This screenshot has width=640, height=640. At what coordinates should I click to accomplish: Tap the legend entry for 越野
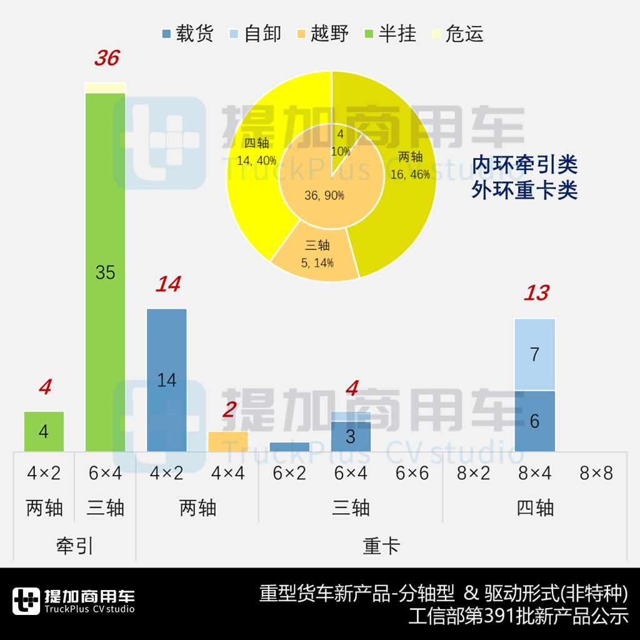point(322,34)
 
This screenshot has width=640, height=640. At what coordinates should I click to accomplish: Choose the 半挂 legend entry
point(389,34)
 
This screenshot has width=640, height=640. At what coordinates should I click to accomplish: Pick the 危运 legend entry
point(457,34)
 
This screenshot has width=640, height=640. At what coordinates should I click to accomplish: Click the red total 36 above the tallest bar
point(106,58)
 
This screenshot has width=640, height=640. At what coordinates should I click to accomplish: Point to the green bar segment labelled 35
point(106,272)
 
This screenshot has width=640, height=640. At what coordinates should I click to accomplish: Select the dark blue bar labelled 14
point(167,379)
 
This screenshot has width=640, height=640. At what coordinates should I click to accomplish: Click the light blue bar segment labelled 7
point(535,354)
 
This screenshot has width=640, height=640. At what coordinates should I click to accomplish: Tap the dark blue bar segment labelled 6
point(535,421)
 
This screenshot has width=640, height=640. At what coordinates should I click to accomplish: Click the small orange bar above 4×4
point(228,441)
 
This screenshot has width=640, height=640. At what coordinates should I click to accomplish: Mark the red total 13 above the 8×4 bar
point(536,292)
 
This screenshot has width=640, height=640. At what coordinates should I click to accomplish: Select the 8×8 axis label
point(596,473)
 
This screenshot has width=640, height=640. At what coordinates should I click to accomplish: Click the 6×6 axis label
point(412,473)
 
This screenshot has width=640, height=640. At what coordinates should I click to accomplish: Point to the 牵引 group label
point(74,546)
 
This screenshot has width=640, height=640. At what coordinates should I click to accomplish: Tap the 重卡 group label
point(381,546)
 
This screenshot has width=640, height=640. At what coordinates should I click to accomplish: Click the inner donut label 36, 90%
point(324,196)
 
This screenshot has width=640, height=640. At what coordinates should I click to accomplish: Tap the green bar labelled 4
point(44,431)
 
